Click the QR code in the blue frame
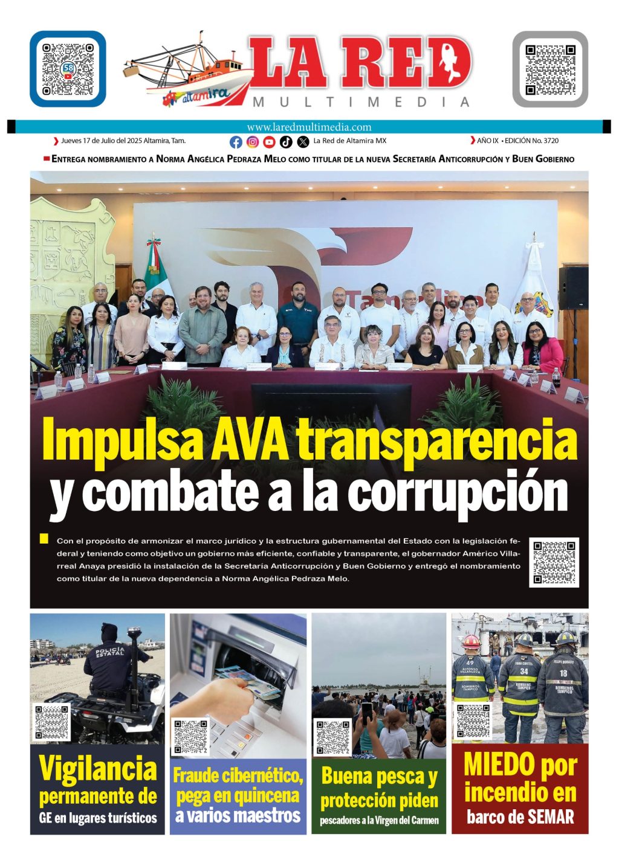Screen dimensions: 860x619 68,69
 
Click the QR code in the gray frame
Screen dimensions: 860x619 550,69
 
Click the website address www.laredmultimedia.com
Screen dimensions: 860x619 309,127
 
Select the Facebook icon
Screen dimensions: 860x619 236,142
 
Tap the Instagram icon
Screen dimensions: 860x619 253,142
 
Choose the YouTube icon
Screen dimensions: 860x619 270,142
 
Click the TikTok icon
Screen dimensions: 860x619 287,142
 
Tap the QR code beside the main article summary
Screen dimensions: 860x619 554,562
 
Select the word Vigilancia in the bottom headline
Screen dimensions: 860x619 98,769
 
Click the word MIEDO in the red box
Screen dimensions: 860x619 499,765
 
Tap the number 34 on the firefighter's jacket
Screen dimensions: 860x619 523,671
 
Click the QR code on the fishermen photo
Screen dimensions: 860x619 333,736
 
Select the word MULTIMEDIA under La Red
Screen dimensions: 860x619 361,102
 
